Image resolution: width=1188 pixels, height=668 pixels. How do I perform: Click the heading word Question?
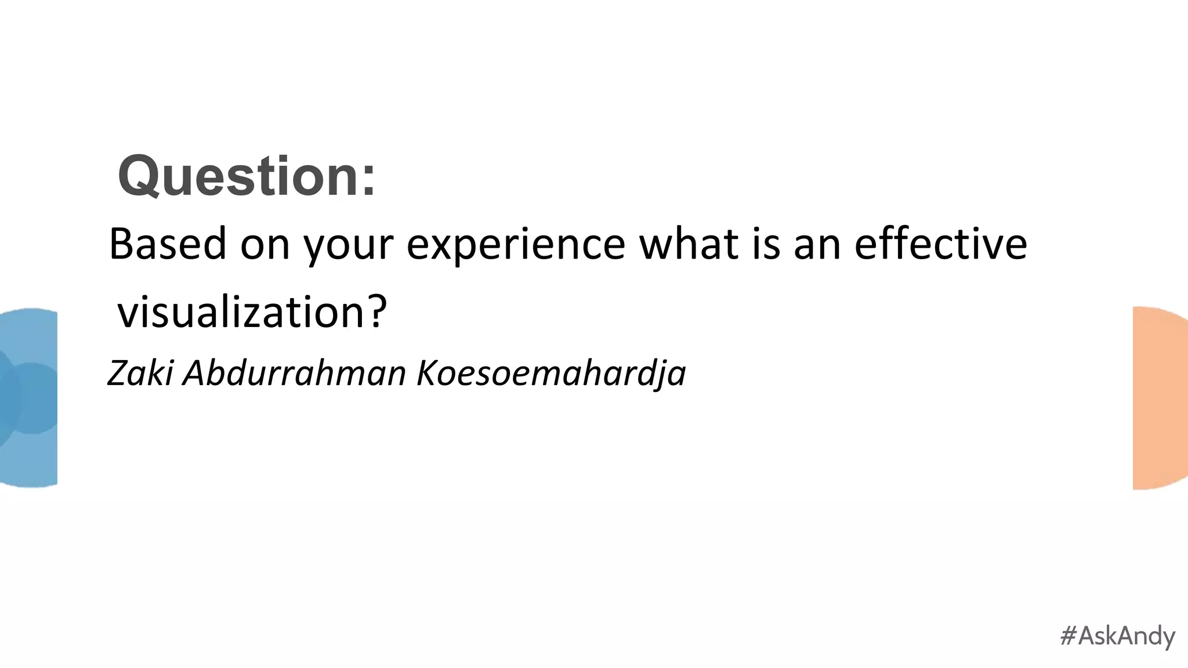coord(238,176)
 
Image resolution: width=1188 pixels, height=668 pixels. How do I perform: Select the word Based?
coord(167,244)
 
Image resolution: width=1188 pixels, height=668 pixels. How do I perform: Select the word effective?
coord(940,244)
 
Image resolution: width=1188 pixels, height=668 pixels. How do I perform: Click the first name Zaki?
coord(140,372)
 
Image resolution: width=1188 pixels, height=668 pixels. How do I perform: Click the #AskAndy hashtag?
coord(1117,636)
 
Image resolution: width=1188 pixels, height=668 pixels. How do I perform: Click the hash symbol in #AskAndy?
coord(1069,636)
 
